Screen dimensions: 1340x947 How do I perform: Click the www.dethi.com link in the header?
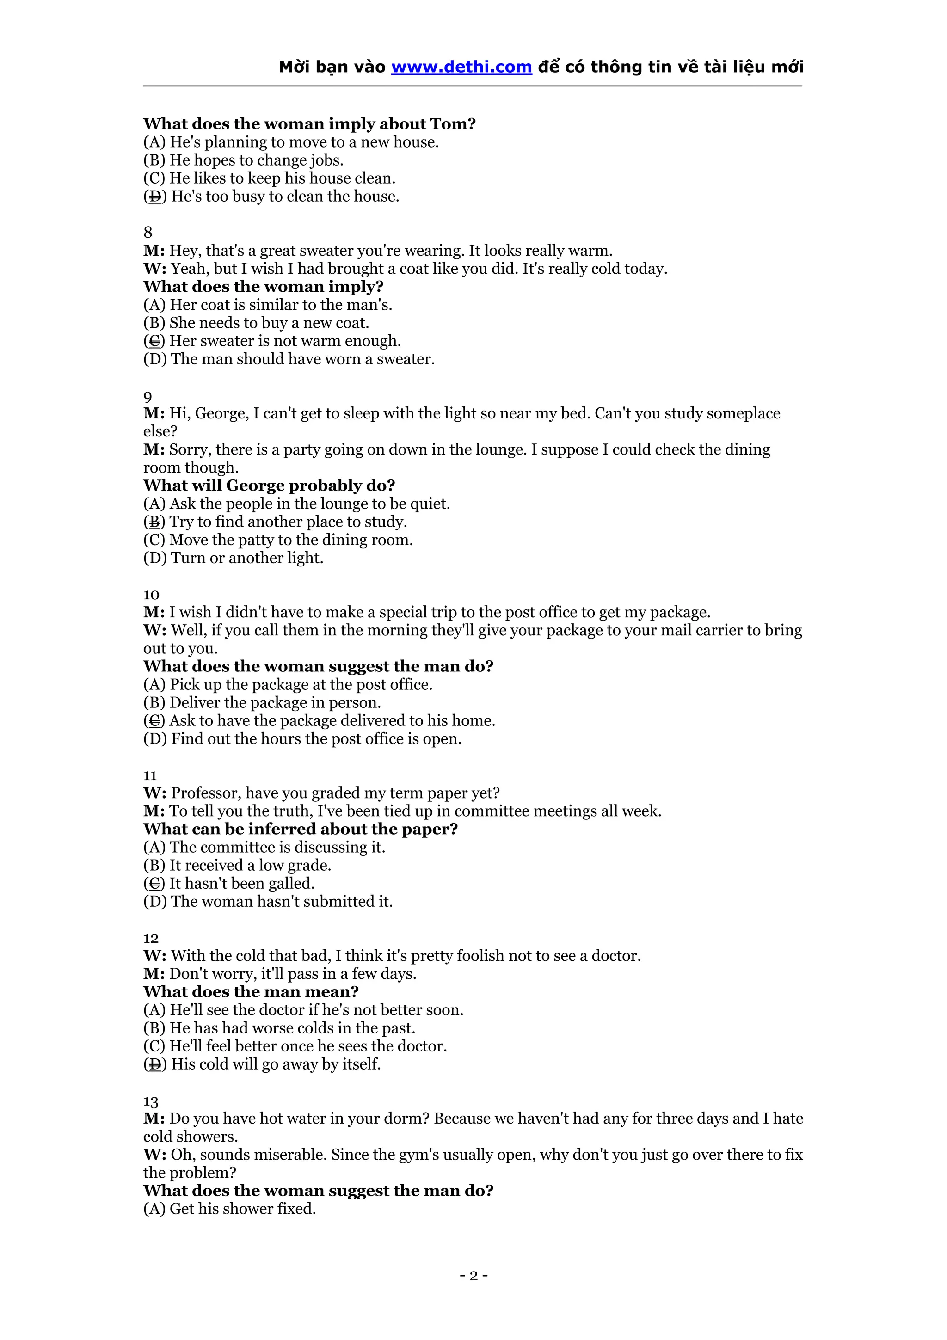[x=461, y=67]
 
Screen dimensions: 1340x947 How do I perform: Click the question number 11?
[x=150, y=775]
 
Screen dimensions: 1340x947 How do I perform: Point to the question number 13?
[x=151, y=1101]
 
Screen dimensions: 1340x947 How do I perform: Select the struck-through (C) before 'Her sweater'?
[x=154, y=341]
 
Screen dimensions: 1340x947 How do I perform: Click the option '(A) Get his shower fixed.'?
[x=229, y=1209]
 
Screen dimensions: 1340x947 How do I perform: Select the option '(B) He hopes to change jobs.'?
[x=243, y=160]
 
